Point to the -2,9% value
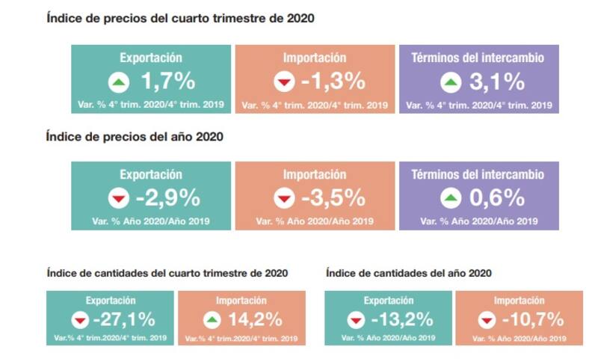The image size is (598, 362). pyautogui.click(x=167, y=198)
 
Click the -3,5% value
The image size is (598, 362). pyautogui.click(x=333, y=198)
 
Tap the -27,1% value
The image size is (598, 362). pyautogui.click(x=123, y=319)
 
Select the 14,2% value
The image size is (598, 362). pyautogui.click(x=255, y=319)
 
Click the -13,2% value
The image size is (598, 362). pyautogui.click(x=401, y=319)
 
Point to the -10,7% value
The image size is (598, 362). pyautogui.click(x=531, y=319)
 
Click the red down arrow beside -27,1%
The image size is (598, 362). pyautogui.click(x=79, y=320)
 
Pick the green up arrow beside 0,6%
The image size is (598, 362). pyautogui.click(x=450, y=199)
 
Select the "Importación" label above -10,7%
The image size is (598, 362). pyautogui.click(x=520, y=301)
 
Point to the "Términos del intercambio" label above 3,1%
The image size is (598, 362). pyautogui.click(x=478, y=58)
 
